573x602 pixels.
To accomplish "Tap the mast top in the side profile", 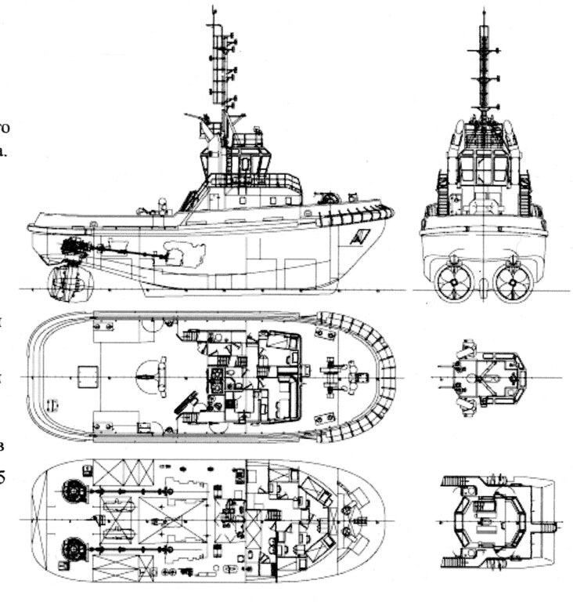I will (212, 9).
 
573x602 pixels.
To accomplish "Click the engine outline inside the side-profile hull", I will (187, 255).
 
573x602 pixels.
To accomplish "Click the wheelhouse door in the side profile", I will (245, 164).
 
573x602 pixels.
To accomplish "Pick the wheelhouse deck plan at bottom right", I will (489, 517).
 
